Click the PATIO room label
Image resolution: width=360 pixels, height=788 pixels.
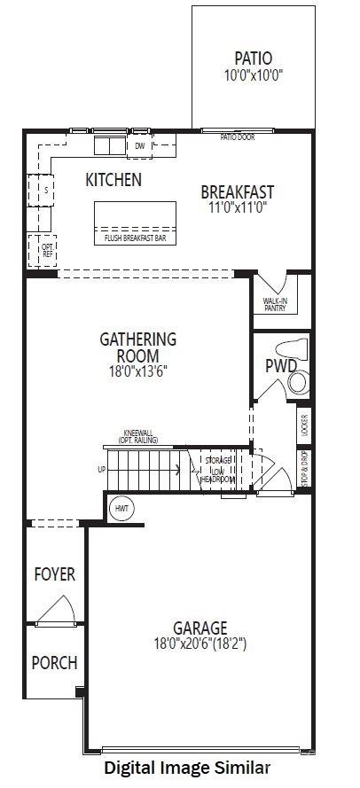(x=254, y=59)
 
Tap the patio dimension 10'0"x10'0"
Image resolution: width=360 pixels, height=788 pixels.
(x=254, y=75)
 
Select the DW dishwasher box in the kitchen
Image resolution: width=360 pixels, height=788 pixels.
(x=140, y=145)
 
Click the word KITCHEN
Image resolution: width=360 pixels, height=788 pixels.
(x=113, y=180)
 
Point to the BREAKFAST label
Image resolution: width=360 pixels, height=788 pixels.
(x=237, y=191)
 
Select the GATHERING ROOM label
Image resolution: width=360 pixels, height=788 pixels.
(x=137, y=347)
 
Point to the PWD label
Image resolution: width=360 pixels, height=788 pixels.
(x=279, y=365)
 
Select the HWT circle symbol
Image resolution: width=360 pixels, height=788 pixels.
(x=121, y=509)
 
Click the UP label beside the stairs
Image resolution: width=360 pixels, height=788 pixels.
(x=101, y=469)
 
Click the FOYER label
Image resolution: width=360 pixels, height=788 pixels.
(x=55, y=574)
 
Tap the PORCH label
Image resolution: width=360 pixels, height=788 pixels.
(x=55, y=662)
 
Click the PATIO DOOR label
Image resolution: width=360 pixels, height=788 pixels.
(x=236, y=137)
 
